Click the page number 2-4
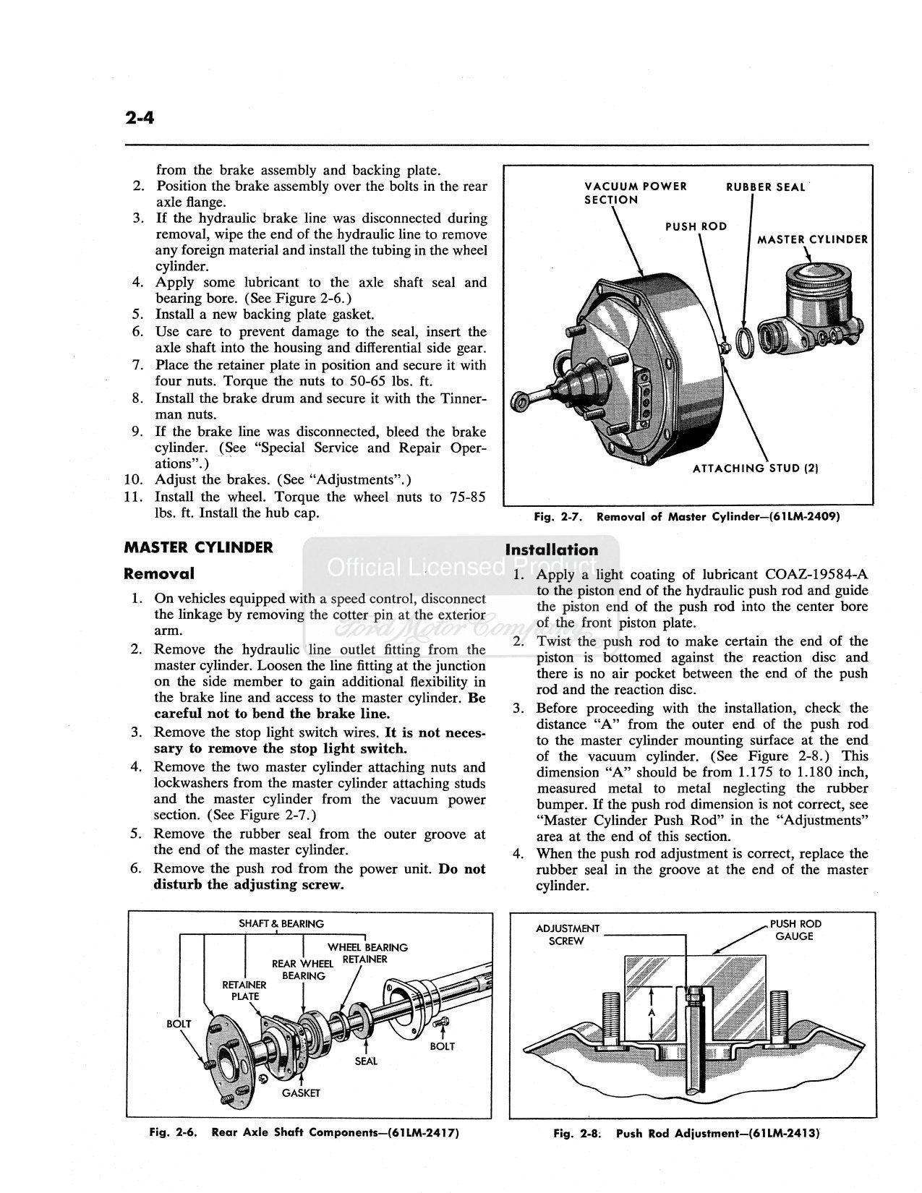tap(140, 117)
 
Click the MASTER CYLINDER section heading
tap(198, 547)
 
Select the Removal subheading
tap(158, 573)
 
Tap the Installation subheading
tap(551, 550)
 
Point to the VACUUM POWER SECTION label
tap(636, 193)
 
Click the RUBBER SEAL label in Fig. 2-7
tap(766, 187)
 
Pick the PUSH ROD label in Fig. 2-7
tap(696, 226)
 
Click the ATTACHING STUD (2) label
tap(756, 469)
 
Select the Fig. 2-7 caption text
tap(687, 517)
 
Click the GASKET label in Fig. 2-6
tap(301, 1093)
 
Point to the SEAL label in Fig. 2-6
tap(366, 1061)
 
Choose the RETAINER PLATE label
tap(244, 991)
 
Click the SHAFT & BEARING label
tap(281, 923)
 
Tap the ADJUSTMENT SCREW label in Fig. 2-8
tap(567, 934)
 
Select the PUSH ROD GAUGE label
tap(795, 930)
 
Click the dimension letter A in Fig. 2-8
tap(652, 1012)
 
